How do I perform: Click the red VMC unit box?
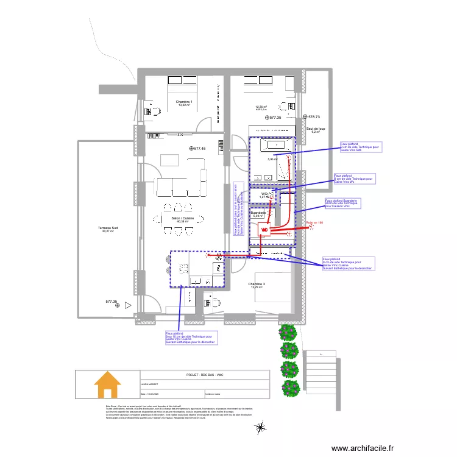click(x=264, y=230)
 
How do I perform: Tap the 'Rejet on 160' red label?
click(x=314, y=223)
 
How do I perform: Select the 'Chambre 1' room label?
click(x=184, y=102)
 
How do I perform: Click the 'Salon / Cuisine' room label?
click(x=182, y=218)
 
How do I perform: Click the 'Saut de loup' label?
click(x=316, y=129)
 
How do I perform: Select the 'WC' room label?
click(x=263, y=193)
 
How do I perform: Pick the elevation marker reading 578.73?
click(x=311, y=116)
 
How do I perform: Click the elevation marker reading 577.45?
click(x=198, y=148)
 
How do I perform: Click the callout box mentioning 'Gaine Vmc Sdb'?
click(x=361, y=147)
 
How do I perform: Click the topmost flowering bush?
click(x=288, y=332)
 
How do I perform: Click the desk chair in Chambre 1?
click(x=148, y=111)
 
